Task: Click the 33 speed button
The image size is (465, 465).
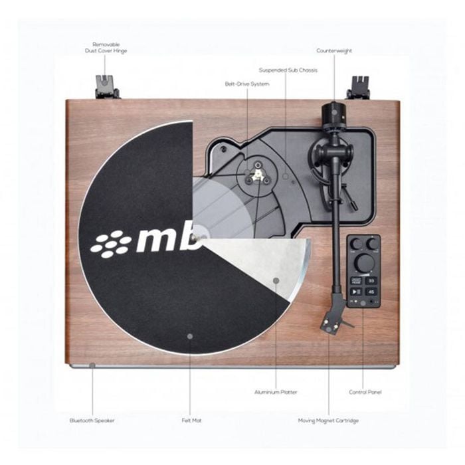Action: [371, 280]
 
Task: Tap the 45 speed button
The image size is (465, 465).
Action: [371, 292]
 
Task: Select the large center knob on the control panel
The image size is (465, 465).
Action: [365, 262]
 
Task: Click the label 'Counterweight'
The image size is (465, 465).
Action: [334, 50]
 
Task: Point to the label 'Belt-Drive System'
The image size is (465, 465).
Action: [247, 84]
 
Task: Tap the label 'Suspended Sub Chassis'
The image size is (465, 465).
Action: [288, 70]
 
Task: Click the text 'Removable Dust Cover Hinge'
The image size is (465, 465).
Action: [106, 48]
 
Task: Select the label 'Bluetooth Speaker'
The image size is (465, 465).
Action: [92, 420]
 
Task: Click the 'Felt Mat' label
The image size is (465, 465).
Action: [191, 420]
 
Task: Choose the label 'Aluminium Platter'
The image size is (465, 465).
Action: [276, 392]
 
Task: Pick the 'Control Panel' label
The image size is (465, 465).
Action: [365, 392]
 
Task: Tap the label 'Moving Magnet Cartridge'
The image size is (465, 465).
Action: [328, 420]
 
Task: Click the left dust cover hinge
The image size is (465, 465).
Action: [106, 86]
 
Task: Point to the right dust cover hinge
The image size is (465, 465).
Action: [358, 87]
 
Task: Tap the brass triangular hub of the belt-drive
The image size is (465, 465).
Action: [257, 175]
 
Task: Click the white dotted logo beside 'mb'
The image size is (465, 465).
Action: [110, 244]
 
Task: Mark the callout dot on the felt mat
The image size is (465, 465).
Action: [190, 336]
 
